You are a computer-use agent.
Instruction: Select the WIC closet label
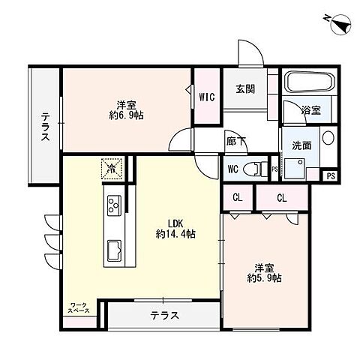[206, 96]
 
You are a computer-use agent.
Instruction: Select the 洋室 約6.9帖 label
[125, 110]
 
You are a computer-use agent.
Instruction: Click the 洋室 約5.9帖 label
[266, 271]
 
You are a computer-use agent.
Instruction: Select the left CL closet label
[237, 198]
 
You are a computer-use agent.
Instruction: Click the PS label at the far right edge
[331, 176]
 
